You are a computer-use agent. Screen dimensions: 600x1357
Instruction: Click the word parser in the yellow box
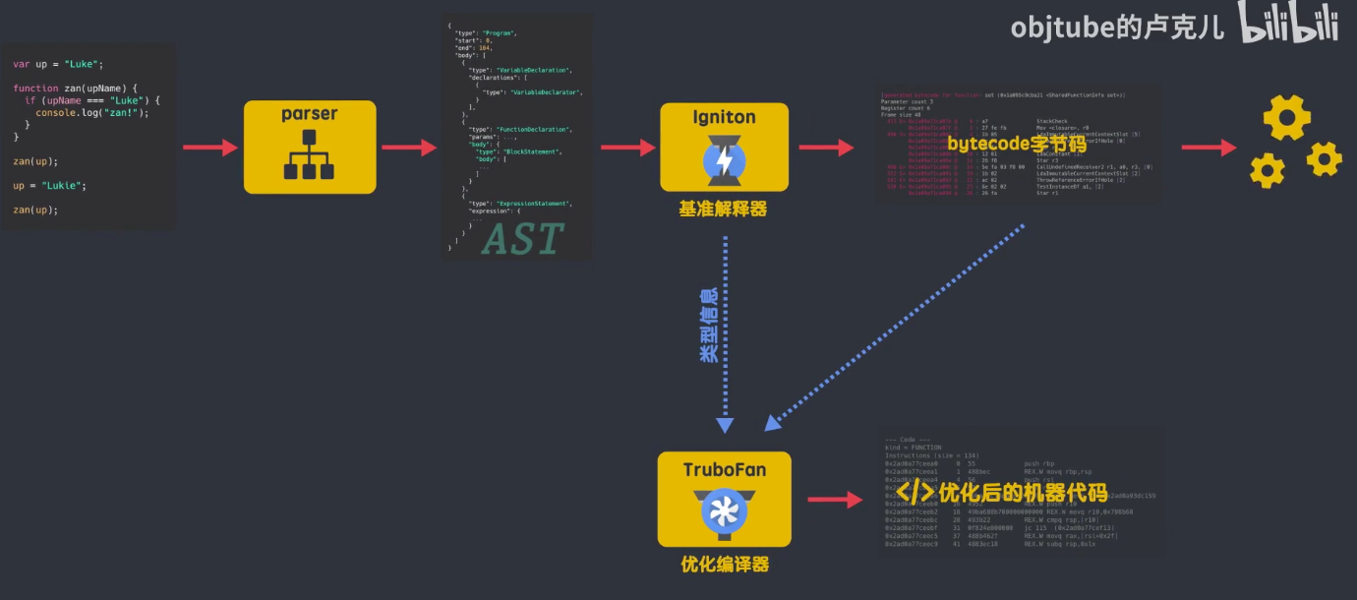click(x=310, y=115)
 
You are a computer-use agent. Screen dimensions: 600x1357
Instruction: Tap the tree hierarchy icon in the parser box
click(x=310, y=158)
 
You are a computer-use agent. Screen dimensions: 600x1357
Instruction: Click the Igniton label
click(x=724, y=118)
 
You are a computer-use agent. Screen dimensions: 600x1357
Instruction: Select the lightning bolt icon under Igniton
click(x=724, y=161)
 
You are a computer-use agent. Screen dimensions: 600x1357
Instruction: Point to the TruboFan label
click(x=725, y=469)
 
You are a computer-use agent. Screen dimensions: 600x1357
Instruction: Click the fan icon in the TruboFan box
click(x=725, y=511)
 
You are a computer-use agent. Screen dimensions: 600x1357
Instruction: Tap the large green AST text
click(x=522, y=239)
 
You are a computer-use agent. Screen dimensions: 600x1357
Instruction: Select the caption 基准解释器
click(x=723, y=210)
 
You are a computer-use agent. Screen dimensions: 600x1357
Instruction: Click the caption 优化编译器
click(x=725, y=565)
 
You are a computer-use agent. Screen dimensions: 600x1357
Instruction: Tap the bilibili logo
click(x=1288, y=24)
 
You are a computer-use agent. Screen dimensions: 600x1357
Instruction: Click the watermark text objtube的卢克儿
click(x=1117, y=27)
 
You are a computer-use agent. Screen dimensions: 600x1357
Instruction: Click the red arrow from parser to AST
click(x=409, y=148)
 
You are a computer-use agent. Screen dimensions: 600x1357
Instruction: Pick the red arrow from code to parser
click(x=209, y=148)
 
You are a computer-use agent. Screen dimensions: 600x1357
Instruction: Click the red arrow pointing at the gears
click(x=1209, y=148)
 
